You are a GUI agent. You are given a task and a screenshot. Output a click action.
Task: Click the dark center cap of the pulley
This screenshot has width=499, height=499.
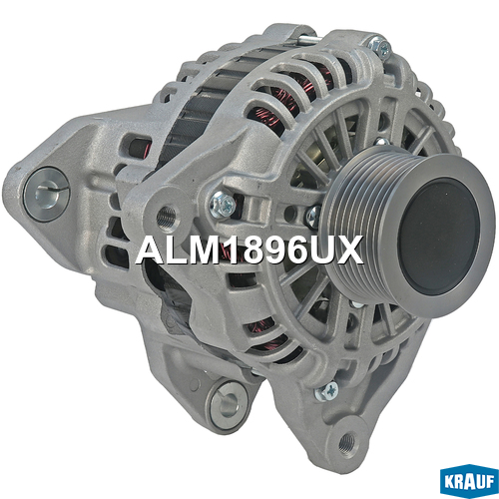pos(438,237)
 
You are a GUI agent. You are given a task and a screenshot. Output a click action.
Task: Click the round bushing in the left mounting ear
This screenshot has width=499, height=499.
pos(47,194)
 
